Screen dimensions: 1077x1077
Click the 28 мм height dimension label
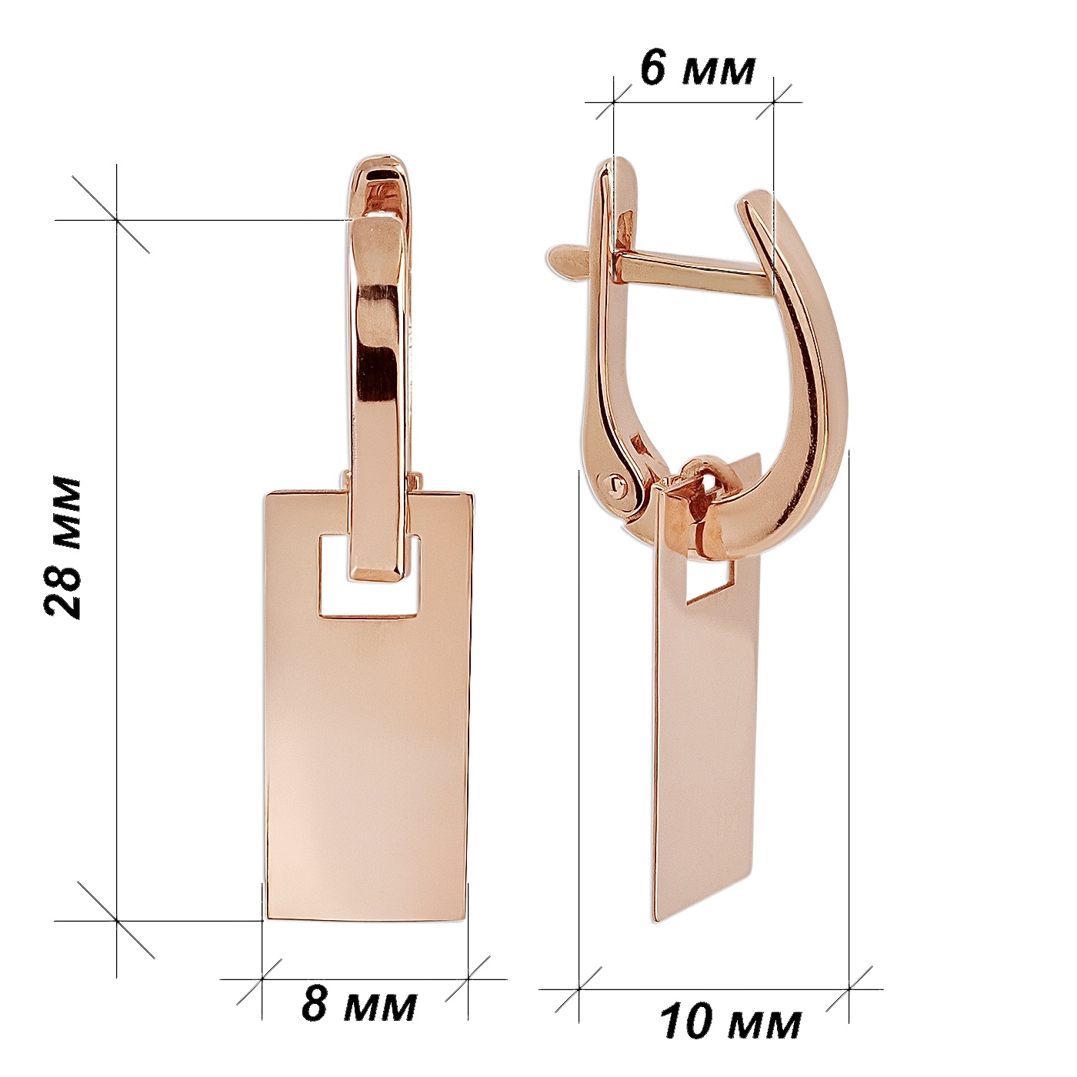point(63,548)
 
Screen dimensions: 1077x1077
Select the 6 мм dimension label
point(698,71)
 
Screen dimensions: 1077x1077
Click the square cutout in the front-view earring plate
point(368,577)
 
